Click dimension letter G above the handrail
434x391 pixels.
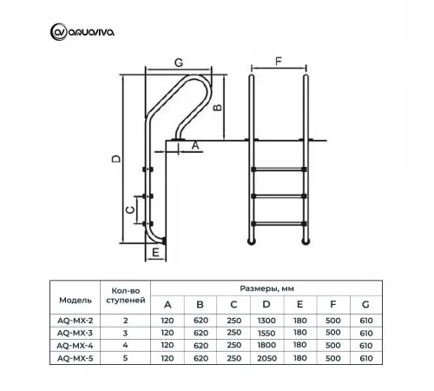click(178, 62)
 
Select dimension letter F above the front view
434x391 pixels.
click(278, 62)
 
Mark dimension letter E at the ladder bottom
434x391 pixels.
click(154, 252)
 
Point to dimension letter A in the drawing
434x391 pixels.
click(195, 146)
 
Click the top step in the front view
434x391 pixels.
click(279, 169)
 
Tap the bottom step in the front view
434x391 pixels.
click(279, 225)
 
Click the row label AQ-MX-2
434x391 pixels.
click(75, 321)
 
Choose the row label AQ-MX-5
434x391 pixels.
click(75, 356)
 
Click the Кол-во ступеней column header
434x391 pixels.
click(126, 295)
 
